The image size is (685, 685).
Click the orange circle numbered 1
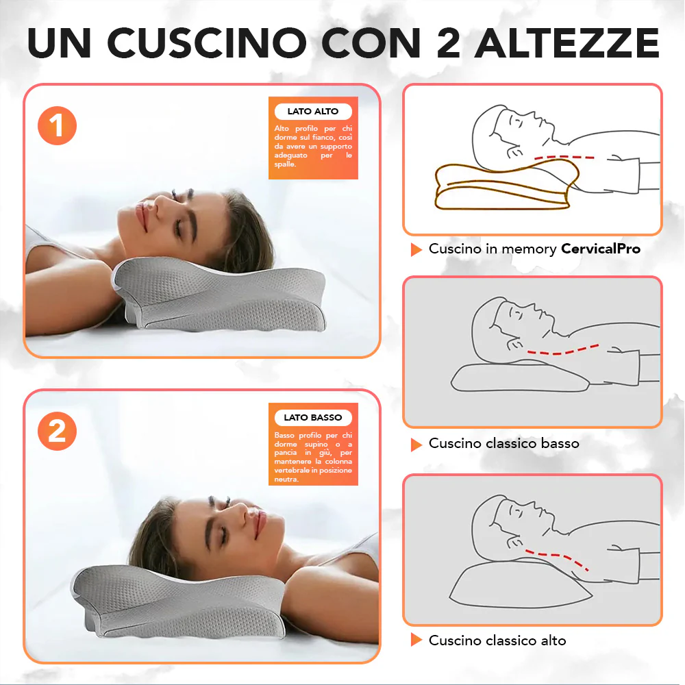click(58, 125)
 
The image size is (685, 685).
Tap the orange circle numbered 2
click(58, 431)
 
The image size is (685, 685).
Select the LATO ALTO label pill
click(313, 112)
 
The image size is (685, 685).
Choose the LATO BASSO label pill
click(313, 417)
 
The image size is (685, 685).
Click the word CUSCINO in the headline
click(207, 42)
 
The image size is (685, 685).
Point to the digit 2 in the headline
click(449, 42)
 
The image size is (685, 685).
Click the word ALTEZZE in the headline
click(566, 42)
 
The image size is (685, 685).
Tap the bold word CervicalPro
click(601, 249)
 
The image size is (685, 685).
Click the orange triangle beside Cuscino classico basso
click(416, 445)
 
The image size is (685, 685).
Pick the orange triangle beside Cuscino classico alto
click(416, 640)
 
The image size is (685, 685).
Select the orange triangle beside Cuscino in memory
click(416, 249)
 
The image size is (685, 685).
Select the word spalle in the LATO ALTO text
click(285, 164)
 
